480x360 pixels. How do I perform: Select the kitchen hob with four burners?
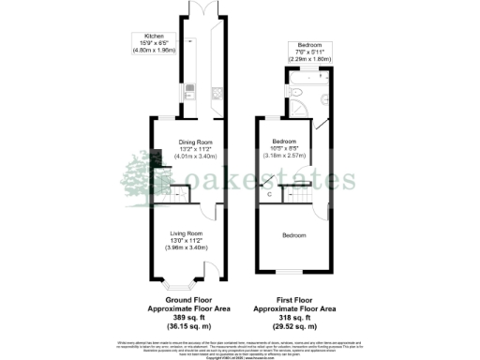216,91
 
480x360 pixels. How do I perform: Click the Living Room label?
187,232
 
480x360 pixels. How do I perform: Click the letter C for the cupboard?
270,193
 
